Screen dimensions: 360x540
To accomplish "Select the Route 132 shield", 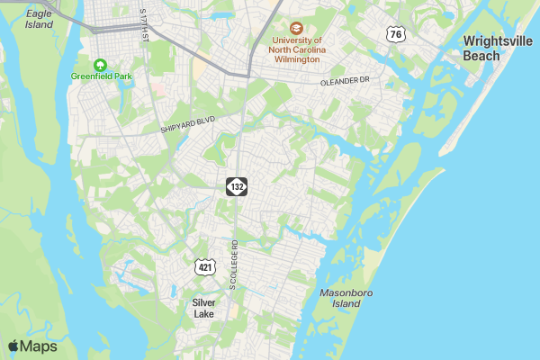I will [x=236, y=186].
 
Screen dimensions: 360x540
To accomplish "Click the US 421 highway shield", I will [x=204, y=267].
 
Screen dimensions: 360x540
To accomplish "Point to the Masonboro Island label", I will [x=346, y=299].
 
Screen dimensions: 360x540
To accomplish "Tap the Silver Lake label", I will [x=203, y=309].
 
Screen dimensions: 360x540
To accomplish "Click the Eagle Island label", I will [x=40, y=19].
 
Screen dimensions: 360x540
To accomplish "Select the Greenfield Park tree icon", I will [x=101, y=64].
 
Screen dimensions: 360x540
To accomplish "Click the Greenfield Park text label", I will [x=101, y=76].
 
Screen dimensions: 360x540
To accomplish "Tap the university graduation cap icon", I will [x=297, y=28].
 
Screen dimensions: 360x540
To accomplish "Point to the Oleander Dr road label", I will [x=345, y=81].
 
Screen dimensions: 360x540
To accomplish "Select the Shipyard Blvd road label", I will [x=189, y=124].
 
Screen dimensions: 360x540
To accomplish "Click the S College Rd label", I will [x=233, y=264].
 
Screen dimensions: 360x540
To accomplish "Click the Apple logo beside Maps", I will [x=13, y=346].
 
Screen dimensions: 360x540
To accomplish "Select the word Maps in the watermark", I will [x=39, y=346].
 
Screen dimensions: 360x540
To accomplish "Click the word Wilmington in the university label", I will [x=297, y=60].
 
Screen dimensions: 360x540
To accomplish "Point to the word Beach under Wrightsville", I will [x=481, y=56].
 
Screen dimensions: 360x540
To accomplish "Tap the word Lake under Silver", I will [x=203, y=314].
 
